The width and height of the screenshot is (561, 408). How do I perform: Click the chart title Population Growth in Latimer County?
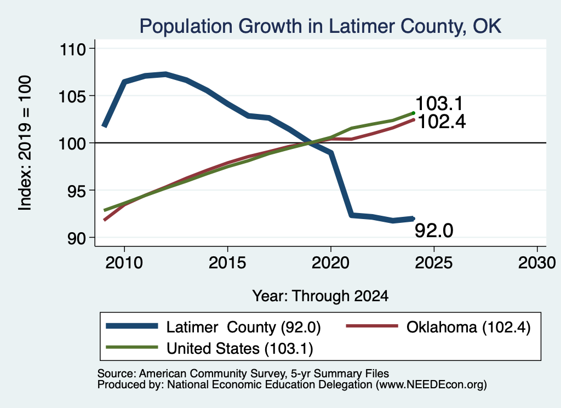point(320,26)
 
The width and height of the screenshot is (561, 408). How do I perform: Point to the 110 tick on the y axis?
point(73,49)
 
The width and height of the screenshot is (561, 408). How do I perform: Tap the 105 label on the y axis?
point(73,96)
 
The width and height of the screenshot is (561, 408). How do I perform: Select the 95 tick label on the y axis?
point(77,191)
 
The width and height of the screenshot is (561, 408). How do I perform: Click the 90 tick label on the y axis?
point(77,238)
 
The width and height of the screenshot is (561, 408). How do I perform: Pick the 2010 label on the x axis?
point(124,263)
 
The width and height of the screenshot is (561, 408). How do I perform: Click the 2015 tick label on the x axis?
point(227,263)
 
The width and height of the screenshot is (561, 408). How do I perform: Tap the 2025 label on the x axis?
point(434,263)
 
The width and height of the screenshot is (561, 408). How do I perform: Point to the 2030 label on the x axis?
point(537,263)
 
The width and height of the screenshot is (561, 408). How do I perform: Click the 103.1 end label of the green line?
point(439,104)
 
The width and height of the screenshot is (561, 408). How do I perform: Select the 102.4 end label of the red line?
point(442,122)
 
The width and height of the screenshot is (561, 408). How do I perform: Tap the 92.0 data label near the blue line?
point(434,230)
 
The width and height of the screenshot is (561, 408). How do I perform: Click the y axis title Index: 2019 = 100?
point(25,143)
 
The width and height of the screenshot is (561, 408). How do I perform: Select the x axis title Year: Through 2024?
point(320,296)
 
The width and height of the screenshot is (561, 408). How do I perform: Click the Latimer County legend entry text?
point(243,327)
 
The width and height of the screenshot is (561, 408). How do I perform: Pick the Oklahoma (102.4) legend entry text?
point(468,327)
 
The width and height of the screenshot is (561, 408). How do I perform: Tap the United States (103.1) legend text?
point(240,349)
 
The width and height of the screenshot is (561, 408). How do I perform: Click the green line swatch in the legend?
point(132,348)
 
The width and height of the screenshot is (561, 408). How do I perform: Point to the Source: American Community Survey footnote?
point(243,373)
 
